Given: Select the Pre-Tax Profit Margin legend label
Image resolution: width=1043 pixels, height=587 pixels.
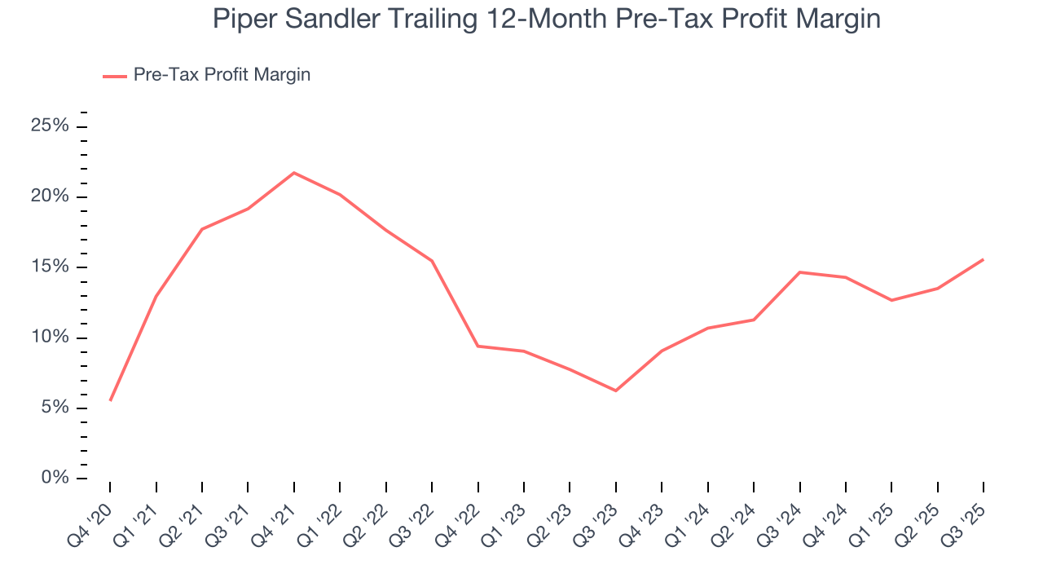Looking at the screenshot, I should pyautogui.click(x=222, y=75).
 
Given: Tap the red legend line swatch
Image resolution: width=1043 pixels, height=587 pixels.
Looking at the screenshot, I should pyautogui.click(x=114, y=76).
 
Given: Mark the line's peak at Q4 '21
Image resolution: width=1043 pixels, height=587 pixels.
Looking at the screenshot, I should pyautogui.click(x=293, y=173).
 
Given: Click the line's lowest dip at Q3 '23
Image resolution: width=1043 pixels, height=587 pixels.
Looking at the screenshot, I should pyautogui.click(x=615, y=391).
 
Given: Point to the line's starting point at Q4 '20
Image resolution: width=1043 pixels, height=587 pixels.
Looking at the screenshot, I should pyautogui.click(x=110, y=400).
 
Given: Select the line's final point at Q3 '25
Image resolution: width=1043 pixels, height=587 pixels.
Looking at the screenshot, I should pyautogui.click(x=983, y=259).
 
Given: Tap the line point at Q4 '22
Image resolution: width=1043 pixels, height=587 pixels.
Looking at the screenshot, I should pyautogui.click(x=477, y=346).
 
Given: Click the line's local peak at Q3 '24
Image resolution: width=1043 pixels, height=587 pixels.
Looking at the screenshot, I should pyautogui.click(x=799, y=272).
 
